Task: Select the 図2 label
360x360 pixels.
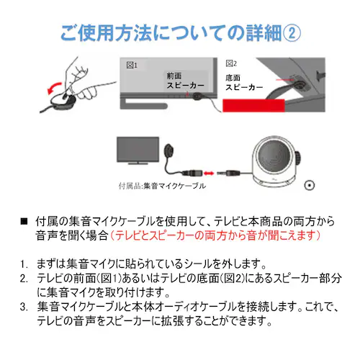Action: click(232, 63)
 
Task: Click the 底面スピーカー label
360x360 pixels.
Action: click(242, 81)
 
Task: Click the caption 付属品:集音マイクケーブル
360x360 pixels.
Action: click(161, 186)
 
